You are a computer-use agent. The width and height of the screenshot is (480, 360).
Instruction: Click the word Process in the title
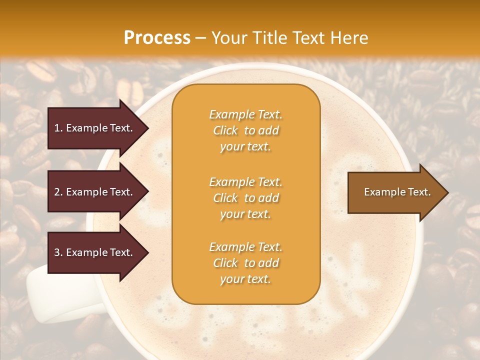[157, 38]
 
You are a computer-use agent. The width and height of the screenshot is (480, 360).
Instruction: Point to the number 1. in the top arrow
[58, 128]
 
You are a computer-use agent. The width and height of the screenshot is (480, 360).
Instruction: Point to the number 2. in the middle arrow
[58, 192]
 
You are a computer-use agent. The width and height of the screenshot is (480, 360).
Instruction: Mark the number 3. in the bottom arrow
[58, 252]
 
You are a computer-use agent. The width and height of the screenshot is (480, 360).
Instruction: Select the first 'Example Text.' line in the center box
[245, 114]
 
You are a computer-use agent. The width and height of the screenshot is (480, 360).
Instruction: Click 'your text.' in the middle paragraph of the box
[245, 214]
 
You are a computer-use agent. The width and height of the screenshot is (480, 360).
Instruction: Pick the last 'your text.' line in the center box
[245, 279]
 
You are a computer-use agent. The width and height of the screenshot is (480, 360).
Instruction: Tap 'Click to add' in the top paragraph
[245, 130]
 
